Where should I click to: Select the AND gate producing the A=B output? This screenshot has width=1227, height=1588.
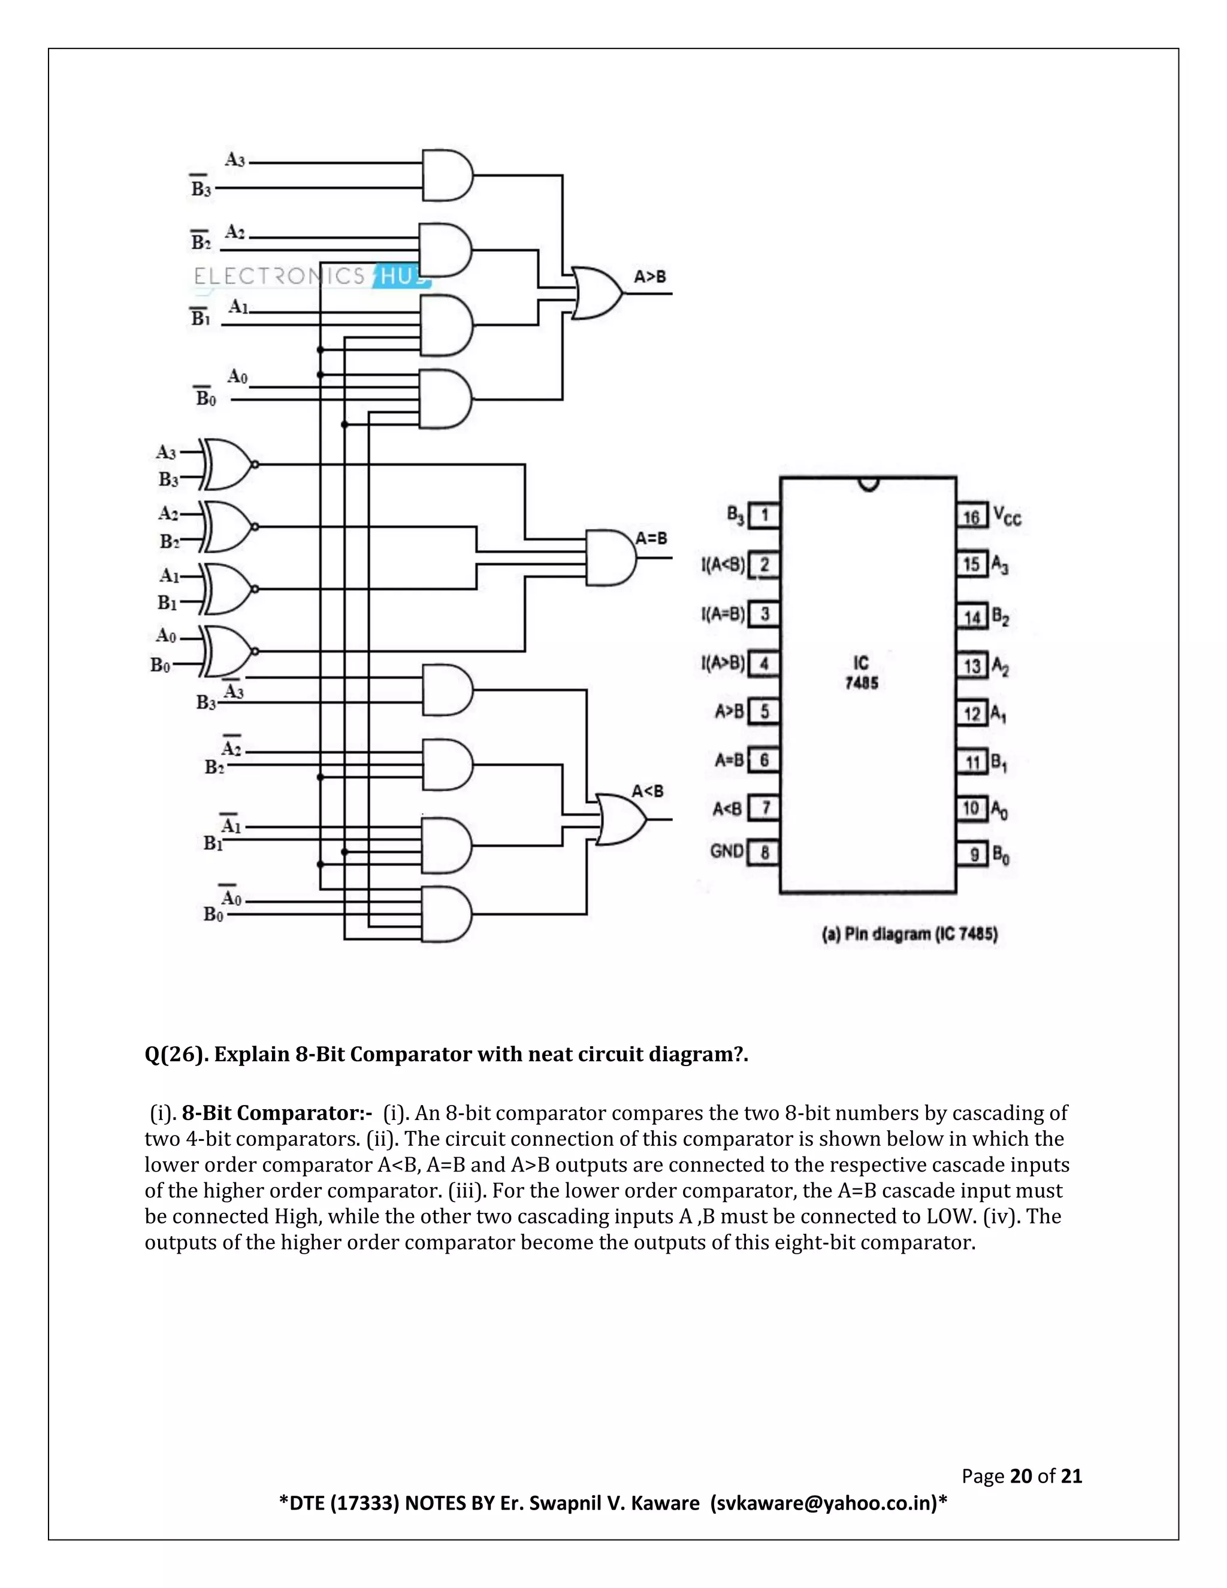610,558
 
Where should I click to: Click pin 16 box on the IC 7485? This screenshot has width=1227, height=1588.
971,517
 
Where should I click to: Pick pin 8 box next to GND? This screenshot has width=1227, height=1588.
764,852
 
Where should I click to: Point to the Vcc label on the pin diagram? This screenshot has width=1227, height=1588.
1008,517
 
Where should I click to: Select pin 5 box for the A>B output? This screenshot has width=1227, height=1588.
764,711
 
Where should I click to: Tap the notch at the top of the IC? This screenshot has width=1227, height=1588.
869,484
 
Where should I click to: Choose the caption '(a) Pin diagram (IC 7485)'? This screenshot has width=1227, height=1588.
909,934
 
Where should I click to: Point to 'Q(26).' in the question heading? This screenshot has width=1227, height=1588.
174,1054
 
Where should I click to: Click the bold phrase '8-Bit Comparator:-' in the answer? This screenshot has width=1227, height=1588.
277,1113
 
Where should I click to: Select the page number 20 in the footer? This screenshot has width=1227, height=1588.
1020,1476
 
